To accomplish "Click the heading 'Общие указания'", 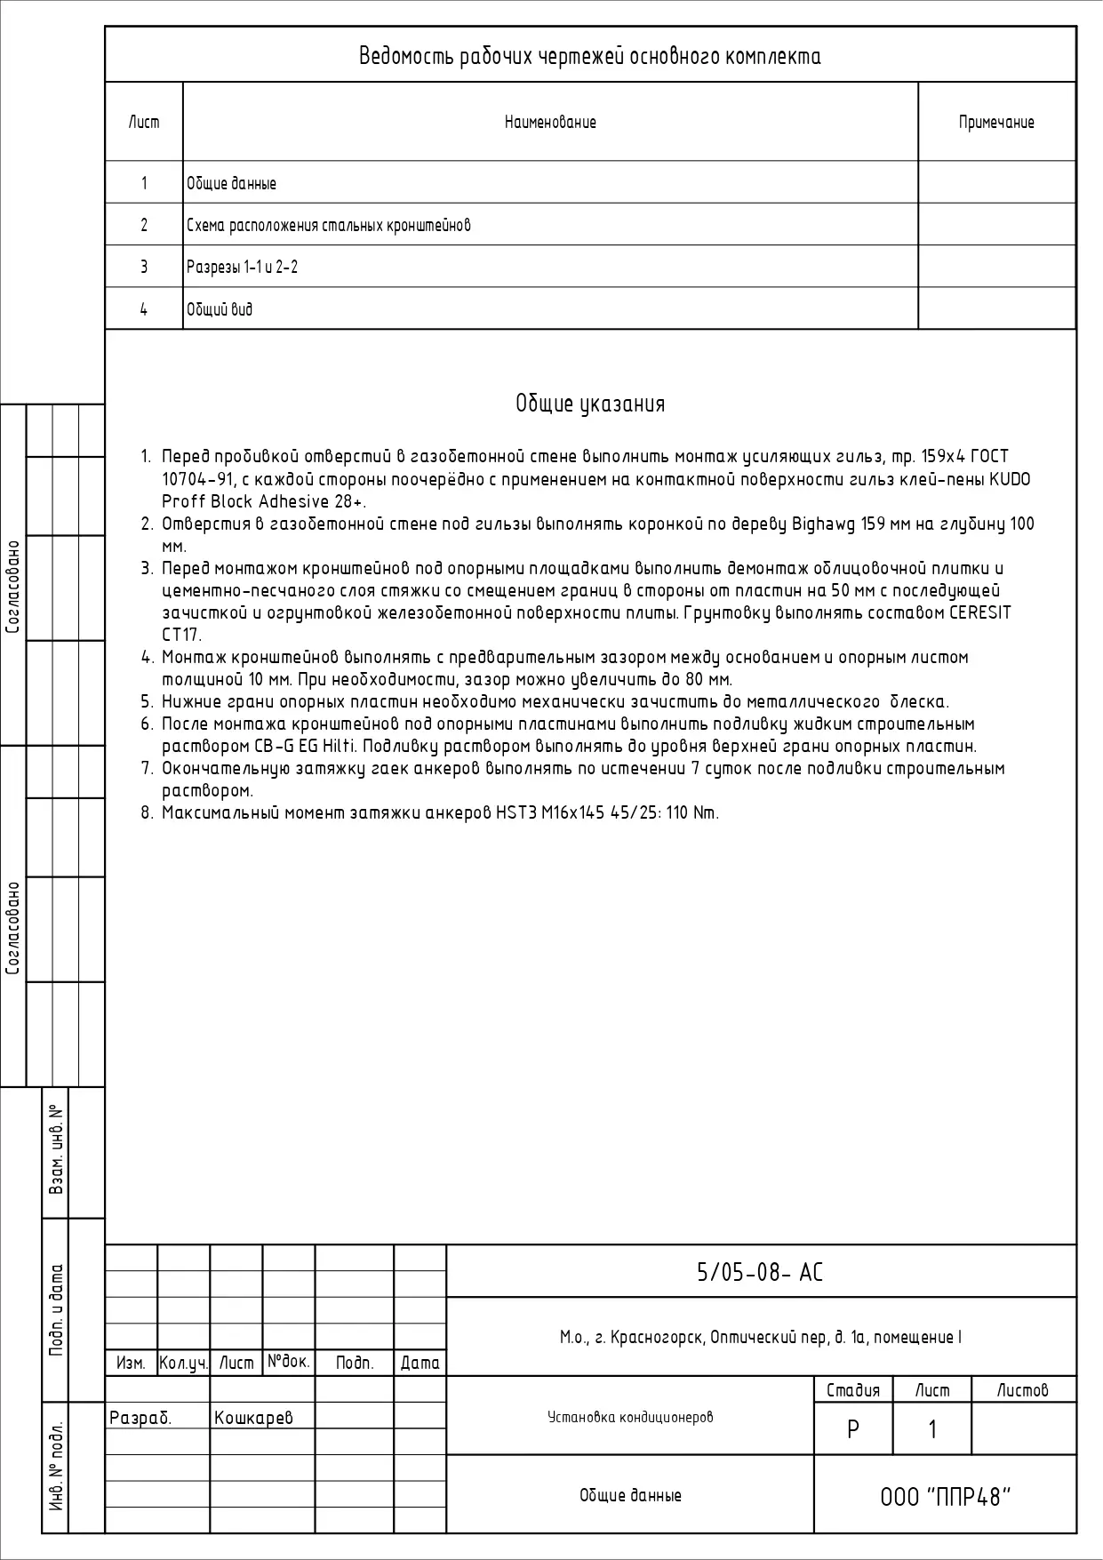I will [x=590, y=404].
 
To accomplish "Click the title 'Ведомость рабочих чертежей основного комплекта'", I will [x=589, y=57].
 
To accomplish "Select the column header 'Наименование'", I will [x=550, y=123].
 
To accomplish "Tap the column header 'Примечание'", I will [x=996, y=123].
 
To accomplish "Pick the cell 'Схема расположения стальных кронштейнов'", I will [x=328, y=226].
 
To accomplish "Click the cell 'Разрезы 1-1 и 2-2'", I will [x=242, y=268].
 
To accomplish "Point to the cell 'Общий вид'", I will [x=220, y=309].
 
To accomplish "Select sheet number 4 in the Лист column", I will [x=144, y=309].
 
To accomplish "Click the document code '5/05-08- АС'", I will [x=760, y=1273].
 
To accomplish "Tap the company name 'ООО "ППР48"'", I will [x=946, y=1498].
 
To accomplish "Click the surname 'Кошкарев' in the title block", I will [x=253, y=1418].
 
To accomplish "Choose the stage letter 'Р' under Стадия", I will [x=853, y=1429].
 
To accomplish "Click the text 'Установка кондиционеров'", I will [x=630, y=1417].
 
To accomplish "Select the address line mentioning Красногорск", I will [x=760, y=1337].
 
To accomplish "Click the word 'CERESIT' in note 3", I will [x=980, y=613].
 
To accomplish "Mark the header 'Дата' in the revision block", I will [x=420, y=1363].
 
